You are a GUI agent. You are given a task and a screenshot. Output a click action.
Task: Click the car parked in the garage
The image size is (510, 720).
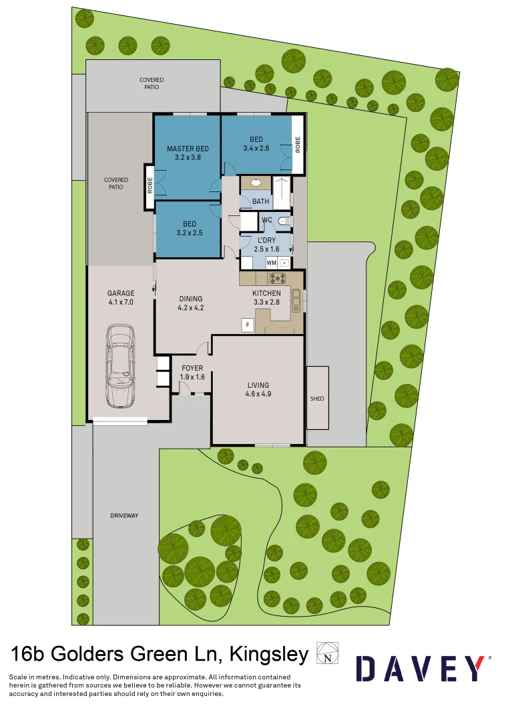121,366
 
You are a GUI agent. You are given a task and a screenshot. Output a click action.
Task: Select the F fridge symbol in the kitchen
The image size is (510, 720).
248,325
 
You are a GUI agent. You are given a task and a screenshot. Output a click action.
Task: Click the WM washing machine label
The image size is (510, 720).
272,263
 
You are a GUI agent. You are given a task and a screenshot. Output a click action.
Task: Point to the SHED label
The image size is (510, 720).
317,399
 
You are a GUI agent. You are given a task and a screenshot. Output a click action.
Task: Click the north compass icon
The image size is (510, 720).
327,653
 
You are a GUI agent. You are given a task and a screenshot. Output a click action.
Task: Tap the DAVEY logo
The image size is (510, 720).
420,668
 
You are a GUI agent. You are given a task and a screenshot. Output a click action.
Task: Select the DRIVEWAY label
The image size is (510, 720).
124,516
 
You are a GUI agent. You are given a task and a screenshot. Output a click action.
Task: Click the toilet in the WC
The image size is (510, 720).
283,221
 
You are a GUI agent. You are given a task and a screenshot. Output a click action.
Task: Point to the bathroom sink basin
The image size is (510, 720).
256,182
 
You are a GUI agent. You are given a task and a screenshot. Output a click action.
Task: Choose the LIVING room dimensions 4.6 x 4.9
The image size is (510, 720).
258,394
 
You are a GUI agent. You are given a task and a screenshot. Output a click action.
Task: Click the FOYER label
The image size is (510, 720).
192,368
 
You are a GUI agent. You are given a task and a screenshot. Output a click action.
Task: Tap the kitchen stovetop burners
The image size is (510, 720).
277,278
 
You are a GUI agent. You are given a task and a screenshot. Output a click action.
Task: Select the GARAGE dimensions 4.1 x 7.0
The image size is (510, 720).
121,302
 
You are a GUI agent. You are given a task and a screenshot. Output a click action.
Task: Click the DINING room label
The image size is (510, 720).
190,299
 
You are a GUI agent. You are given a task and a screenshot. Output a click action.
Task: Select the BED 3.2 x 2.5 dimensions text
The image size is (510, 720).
189,233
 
